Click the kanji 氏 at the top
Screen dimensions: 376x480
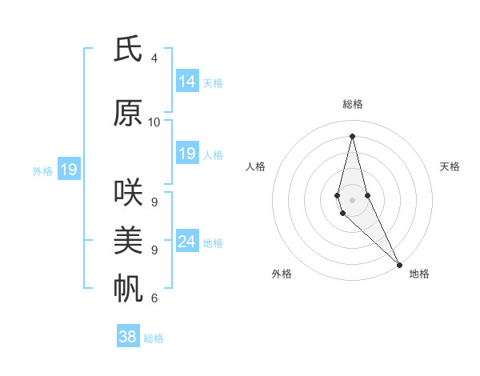click(x=129, y=50)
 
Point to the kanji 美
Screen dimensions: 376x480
click(x=129, y=240)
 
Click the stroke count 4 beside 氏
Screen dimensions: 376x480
click(x=154, y=58)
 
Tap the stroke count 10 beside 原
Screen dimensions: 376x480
click(x=154, y=122)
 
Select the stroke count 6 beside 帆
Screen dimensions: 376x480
click(x=154, y=298)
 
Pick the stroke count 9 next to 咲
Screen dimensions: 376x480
click(x=154, y=202)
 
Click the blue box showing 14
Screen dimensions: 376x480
click(x=187, y=82)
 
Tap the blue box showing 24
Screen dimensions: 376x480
click(x=187, y=242)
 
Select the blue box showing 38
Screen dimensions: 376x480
click(x=128, y=337)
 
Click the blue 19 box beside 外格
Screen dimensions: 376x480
click(x=68, y=170)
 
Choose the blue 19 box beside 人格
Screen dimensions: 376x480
click(x=187, y=154)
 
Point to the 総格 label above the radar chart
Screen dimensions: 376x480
click(x=353, y=104)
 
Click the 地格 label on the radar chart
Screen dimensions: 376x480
click(x=419, y=274)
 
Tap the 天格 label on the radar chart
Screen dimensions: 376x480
click(x=450, y=166)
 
